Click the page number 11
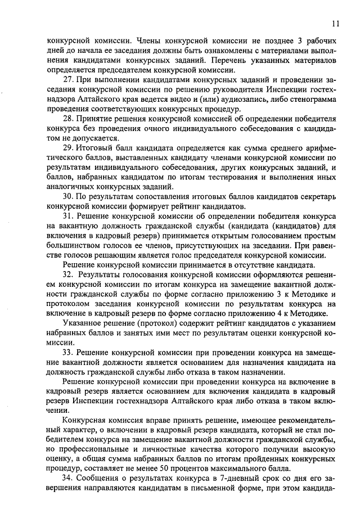pos(335,23)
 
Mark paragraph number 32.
pos(69,274)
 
